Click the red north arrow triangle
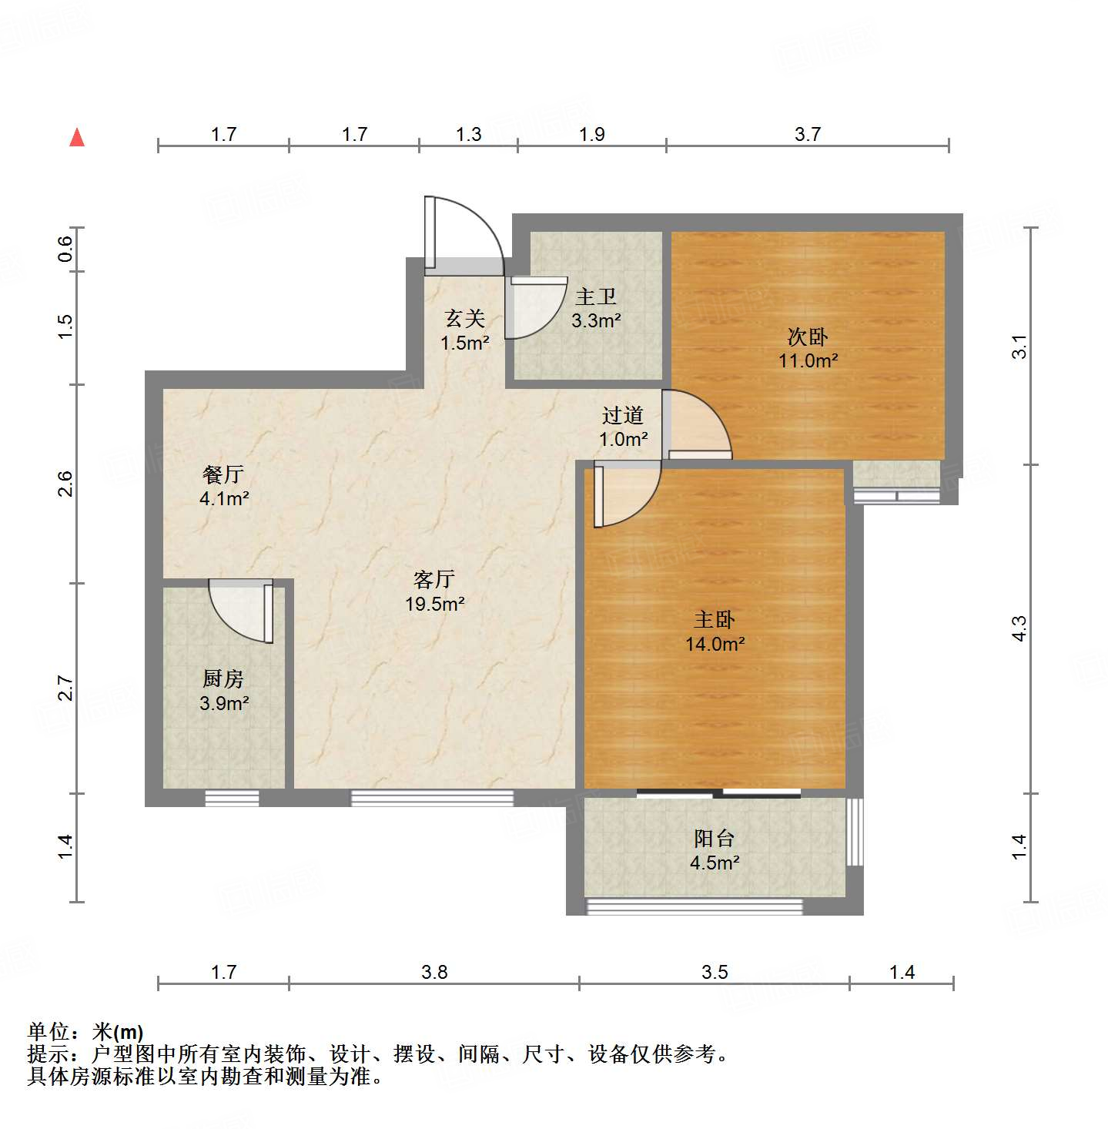[x=77, y=138]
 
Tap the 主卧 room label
[x=715, y=619]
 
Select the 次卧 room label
[x=808, y=337]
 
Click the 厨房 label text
[x=223, y=678]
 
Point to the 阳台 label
[x=715, y=838]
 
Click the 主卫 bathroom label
[x=596, y=296]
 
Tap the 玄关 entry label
[x=465, y=318]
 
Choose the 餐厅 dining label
[x=223, y=474]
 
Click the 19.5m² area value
[x=435, y=604]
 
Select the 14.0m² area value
[x=715, y=644]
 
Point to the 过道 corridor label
[x=623, y=416]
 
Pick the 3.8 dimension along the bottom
[x=434, y=972]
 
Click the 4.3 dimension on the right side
[x=1019, y=628]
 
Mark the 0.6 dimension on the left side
[x=65, y=249]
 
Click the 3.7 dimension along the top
[x=808, y=134]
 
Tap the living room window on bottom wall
[x=432, y=798]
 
